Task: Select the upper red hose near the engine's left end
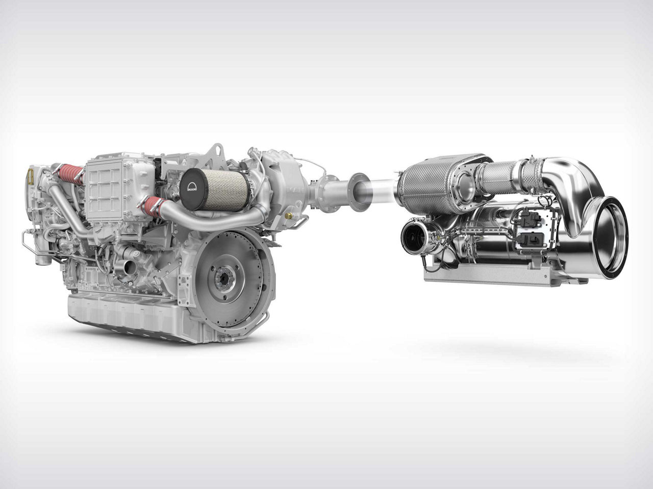(x=71, y=174)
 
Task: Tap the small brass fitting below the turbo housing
(x=290, y=215)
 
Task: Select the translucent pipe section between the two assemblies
(x=380, y=191)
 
